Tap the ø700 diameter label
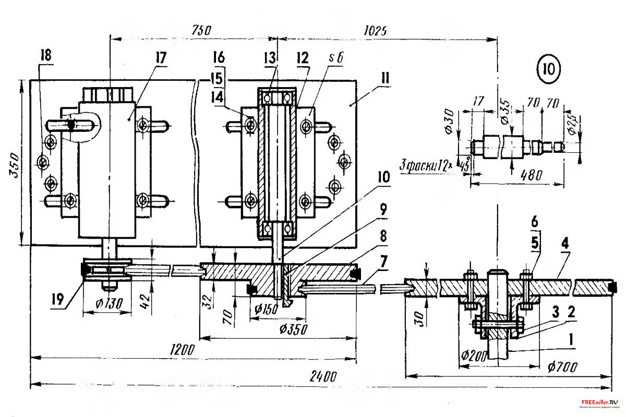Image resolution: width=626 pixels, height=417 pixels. pos(562,367)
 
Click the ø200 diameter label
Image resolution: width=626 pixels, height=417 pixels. pos(473,356)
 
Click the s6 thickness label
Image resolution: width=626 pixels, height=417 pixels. pos(336,58)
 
